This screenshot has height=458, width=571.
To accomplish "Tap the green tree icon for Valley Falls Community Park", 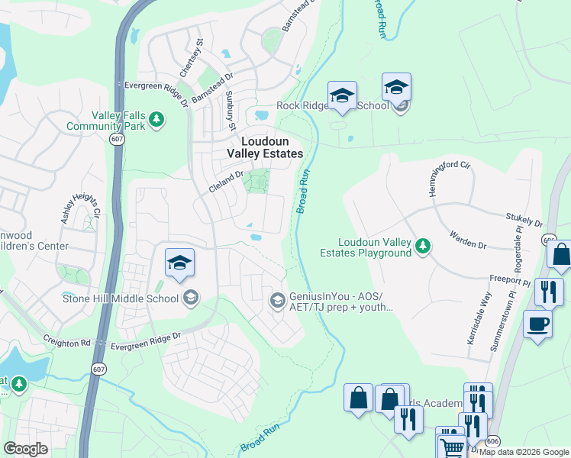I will point(156,119).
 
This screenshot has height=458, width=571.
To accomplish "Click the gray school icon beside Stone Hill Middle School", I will point(191,298).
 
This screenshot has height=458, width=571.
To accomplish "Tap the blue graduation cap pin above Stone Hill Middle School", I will point(179,263).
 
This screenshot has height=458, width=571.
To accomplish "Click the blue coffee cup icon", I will point(537,324).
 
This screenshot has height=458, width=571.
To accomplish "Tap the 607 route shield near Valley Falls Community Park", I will point(117,140).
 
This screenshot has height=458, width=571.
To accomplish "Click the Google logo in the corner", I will point(26,449).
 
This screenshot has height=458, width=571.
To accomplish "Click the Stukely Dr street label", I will point(523,221).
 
